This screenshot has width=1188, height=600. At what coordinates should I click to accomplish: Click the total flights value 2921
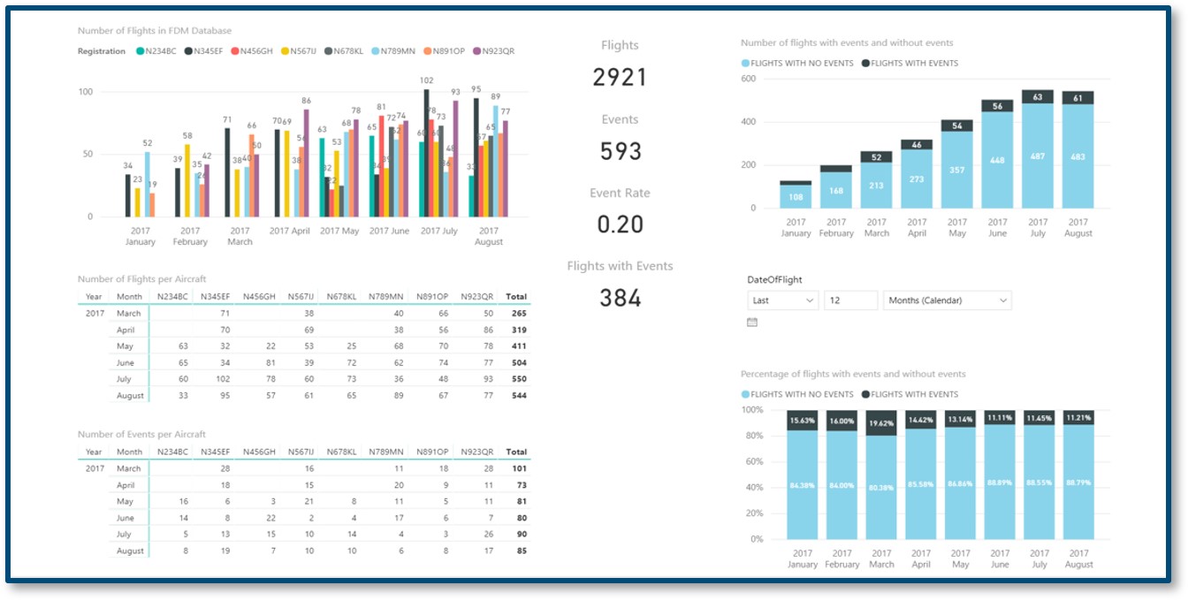(x=620, y=78)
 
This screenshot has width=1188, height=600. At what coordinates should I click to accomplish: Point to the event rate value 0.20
(x=620, y=224)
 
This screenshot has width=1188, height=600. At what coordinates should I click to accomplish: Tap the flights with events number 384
(x=620, y=299)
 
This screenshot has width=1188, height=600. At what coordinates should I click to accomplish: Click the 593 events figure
(x=620, y=151)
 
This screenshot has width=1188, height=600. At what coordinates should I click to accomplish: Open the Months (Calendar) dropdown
(x=947, y=300)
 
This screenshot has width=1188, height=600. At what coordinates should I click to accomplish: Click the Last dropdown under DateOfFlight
(x=783, y=300)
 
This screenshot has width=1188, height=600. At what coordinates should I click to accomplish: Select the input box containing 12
(x=850, y=300)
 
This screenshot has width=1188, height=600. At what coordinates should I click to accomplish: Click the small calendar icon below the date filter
(x=752, y=323)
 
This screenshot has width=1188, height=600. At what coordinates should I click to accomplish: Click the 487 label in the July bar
(x=1038, y=156)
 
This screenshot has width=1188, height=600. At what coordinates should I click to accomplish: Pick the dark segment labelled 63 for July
(x=1038, y=97)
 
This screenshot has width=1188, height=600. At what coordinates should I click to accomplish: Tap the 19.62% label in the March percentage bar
(x=881, y=422)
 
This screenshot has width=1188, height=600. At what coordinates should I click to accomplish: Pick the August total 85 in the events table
(x=521, y=551)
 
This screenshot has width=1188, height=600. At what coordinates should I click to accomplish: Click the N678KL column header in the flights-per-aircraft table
(x=340, y=297)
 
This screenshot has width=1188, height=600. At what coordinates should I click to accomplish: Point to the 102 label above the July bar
(x=427, y=80)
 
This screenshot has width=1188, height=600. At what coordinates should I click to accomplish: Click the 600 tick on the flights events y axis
(x=748, y=79)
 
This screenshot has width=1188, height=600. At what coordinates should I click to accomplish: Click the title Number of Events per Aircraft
(x=141, y=434)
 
